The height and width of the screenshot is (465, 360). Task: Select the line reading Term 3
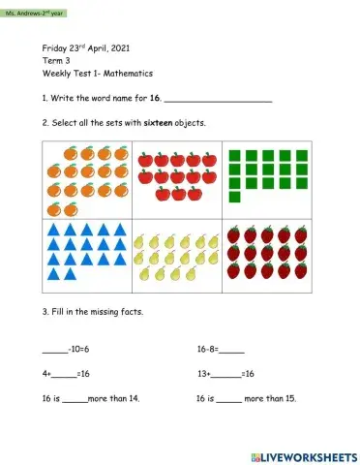pyautogui.click(x=55, y=60)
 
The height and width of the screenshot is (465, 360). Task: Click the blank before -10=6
pyautogui.click(x=55, y=350)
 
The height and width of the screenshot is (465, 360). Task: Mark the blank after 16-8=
pyautogui.click(x=232, y=350)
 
